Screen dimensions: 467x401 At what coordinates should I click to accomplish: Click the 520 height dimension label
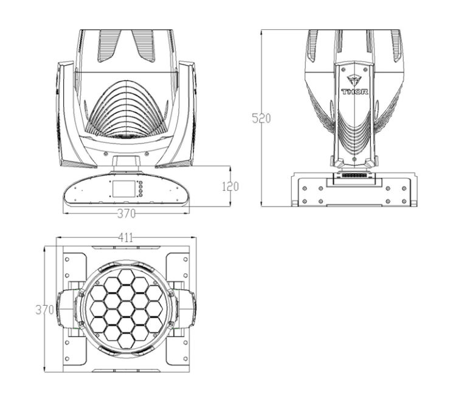coord(261,118)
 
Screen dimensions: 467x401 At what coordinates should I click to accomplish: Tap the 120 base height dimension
coord(230,187)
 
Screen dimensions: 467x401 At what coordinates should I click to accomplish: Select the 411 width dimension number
coord(126,238)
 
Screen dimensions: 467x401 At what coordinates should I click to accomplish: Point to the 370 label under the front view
coord(126,213)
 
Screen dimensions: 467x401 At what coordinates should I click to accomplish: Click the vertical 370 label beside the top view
coord(44,310)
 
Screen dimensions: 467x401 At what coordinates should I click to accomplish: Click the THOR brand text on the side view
coord(355,92)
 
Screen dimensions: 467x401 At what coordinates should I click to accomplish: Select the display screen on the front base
coord(123,188)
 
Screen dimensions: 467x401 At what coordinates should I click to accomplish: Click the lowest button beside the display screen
coord(140,195)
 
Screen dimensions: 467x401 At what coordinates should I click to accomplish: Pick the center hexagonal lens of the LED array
coord(126,308)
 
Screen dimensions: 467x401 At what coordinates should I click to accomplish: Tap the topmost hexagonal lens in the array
coord(126,276)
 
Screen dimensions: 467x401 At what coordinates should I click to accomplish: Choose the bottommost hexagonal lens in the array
coord(126,340)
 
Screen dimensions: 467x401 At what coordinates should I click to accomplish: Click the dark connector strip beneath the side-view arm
coord(355,176)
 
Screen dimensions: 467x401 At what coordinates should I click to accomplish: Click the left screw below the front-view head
coord(105,154)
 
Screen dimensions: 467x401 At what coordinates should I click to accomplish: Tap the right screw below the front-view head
coord(147,154)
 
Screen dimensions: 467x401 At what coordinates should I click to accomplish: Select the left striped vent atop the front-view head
coord(108,46)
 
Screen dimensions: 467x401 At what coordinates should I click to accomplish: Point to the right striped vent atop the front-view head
coord(145,46)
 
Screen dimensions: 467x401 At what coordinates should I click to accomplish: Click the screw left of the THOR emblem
coord(344,69)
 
